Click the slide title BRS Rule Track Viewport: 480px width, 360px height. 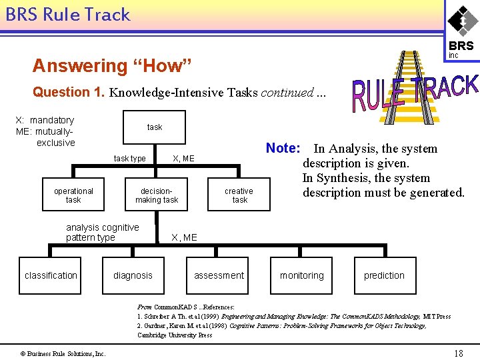click(68, 15)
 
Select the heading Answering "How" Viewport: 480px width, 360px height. click(112, 66)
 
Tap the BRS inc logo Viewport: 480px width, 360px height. click(461, 31)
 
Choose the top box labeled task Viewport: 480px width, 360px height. click(155, 127)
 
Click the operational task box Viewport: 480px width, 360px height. click(73, 195)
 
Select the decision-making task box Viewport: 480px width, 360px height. click(157, 195)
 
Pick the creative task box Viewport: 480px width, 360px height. click(239, 195)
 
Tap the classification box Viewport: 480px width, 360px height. click(51, 275)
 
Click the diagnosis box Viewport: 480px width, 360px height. click(133, 275)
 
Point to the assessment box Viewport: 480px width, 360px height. click(219, 275)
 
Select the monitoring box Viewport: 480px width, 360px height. click(301, 275)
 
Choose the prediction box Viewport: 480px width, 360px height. click(384, 275)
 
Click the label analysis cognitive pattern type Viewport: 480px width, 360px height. click(102, 232)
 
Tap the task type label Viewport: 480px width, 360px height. click(129, 159)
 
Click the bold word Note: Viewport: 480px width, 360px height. click(286, 148)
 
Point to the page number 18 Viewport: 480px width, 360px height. click(458, 353)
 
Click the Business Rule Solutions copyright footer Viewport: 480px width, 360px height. click(62, 353)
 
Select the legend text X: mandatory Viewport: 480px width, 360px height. click(45, 120)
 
